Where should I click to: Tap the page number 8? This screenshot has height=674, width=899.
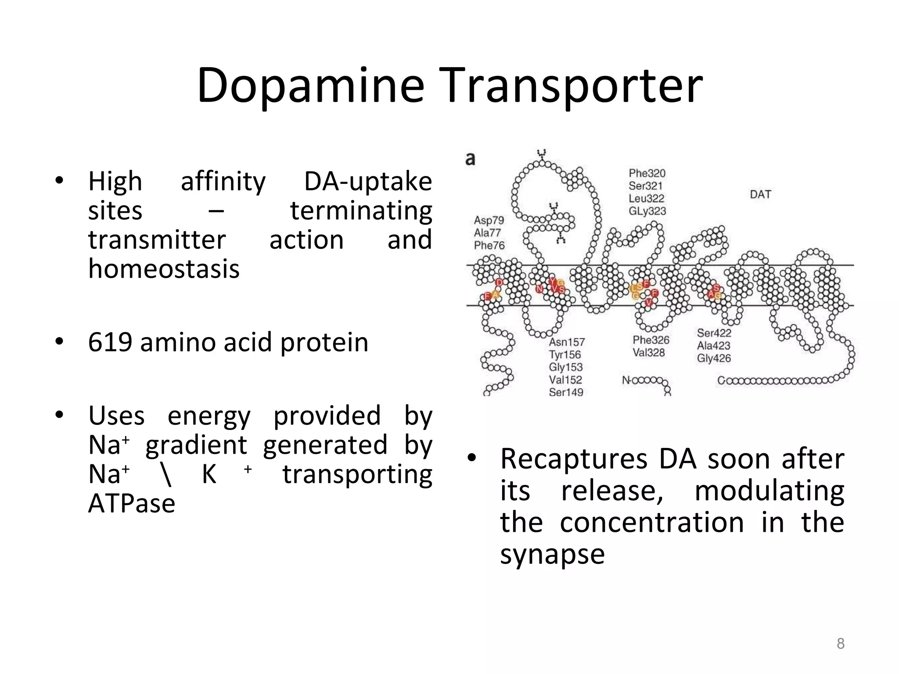tap(840, 643)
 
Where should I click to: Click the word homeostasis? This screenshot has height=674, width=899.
tap(164, 269)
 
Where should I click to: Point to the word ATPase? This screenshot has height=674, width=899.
tap(132, 503)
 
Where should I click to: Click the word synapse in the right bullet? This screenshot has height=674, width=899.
tap(552, 554)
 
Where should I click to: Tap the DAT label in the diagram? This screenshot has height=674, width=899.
tap(760, 194)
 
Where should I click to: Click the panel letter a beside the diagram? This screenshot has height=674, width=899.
tap(470, 159)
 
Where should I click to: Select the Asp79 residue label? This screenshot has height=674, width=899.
tap(489, 220)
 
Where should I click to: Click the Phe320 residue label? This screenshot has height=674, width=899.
tap(647, 173)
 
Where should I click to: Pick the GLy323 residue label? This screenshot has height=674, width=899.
tap(647, 211)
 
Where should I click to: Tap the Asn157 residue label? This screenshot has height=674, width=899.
tap(566, 342)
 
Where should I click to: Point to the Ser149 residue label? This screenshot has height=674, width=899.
tap(566, 392)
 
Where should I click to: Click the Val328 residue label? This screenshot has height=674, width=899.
tap(648, 352)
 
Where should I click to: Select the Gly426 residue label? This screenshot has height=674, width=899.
tap(714, 358)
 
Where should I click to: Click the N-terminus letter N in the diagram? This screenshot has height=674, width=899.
tap(626, 380)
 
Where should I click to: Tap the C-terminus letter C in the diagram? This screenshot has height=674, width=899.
tap(721, 380)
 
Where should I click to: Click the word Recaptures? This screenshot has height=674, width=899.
tap(573, 459)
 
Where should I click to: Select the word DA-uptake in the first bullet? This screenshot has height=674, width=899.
tap(367, 181)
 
